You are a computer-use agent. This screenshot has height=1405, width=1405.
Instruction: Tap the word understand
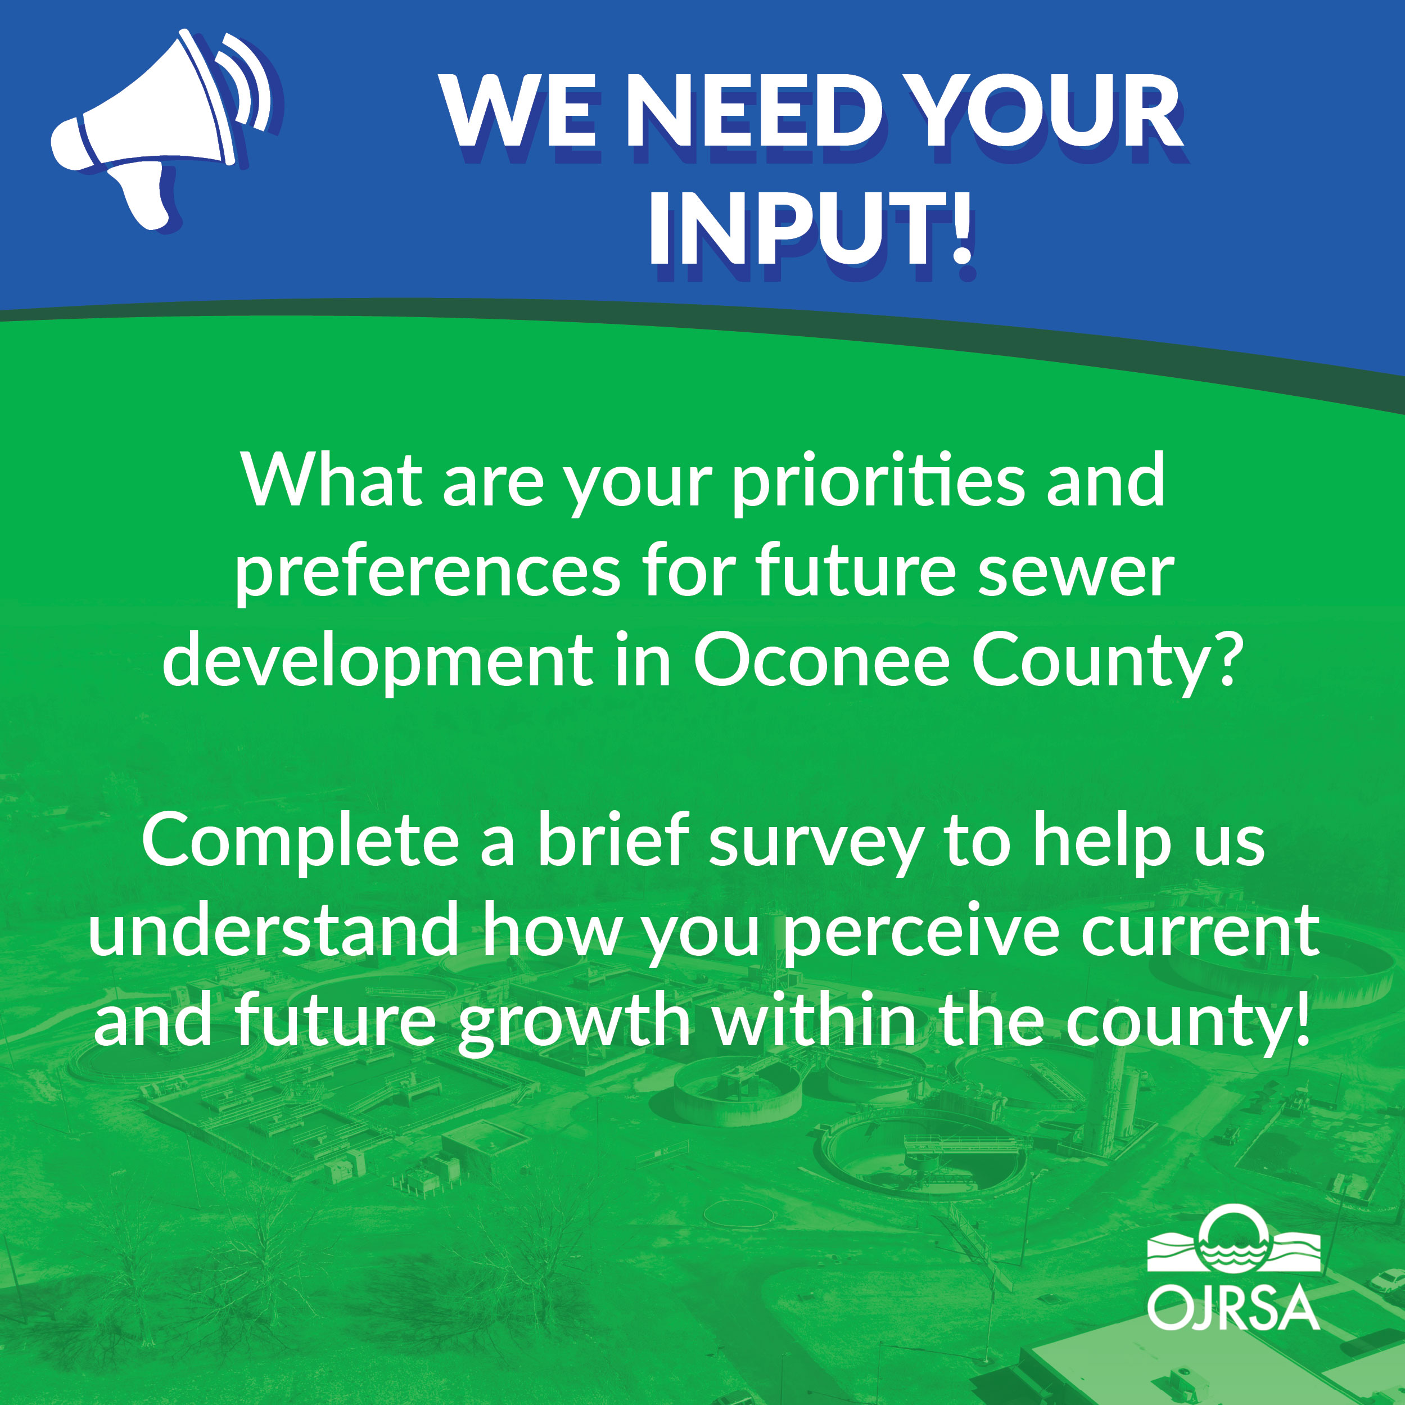click(x=273, y=930)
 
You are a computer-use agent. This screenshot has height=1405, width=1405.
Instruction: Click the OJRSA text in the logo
click(x=1234, y=1309)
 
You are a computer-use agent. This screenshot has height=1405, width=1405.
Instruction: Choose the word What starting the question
click(x=332, y=481)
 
